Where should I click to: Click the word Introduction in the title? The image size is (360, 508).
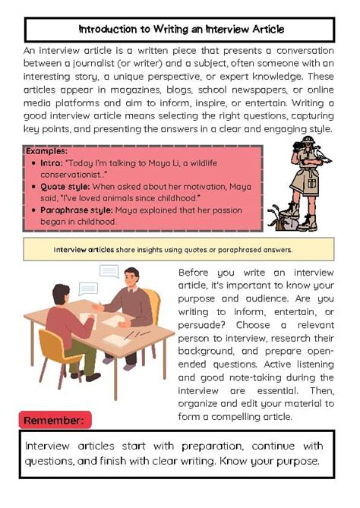point(104,30)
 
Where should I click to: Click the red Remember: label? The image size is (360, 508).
point(55,420)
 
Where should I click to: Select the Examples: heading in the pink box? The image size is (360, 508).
point(46,151)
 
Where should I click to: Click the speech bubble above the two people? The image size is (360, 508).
point(109,272)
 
